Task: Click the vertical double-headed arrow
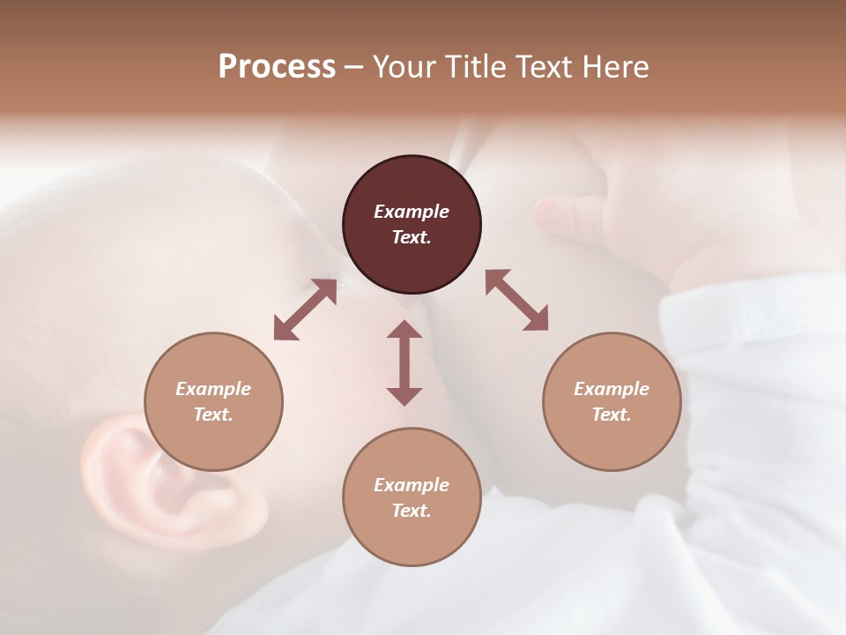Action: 404,362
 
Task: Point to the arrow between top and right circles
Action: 516,301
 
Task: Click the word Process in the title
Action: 277,67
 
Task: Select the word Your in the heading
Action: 403,67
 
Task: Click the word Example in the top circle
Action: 412,212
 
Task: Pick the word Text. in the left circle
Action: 213,415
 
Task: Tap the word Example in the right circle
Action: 612,389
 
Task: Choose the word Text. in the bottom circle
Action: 412,511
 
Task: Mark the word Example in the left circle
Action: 213,389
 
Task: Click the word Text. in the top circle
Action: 412,237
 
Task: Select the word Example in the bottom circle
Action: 412,485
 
